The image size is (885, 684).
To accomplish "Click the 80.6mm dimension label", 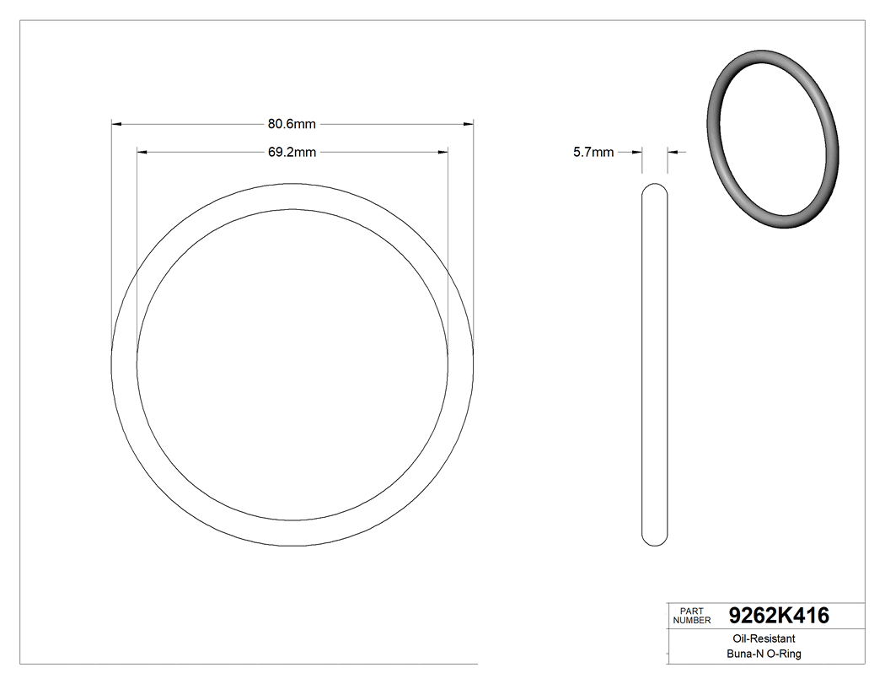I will tap(292, 124).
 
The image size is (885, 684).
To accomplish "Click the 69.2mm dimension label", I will tap(292, 153).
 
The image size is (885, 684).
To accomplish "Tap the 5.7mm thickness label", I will tap(593, 153).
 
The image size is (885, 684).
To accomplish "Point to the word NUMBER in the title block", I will tap(694, 620).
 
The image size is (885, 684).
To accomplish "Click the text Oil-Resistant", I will tap(760, 639).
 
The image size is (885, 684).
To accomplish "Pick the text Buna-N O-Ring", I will tap(764, 654).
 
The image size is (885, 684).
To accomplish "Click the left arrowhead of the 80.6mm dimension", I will tap(117, 124).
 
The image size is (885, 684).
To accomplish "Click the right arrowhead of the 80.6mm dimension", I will tap(468, 124).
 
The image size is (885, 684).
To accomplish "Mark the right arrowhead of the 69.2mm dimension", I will tap(442, 153).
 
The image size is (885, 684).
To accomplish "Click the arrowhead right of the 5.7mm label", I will tap(637, 153).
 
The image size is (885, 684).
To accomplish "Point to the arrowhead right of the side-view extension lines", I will tap(673, 153).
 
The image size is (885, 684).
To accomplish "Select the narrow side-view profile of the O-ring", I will tap(655, 363).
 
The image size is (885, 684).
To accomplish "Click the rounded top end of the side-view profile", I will tap(655, 187).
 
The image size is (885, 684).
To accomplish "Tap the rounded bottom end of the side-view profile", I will tap(655, 540).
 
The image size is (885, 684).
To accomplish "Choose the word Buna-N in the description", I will tap(744, 654).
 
